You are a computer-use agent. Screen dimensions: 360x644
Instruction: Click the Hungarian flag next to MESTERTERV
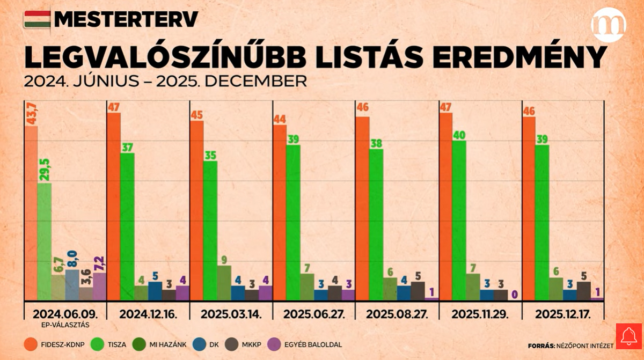click(x=37, y=19)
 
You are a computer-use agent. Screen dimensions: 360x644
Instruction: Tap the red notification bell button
click(x=628, y=336)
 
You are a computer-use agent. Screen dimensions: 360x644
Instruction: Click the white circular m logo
click(x=609, y=25)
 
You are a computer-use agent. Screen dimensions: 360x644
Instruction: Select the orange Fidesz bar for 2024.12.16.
click(x=114, y=207)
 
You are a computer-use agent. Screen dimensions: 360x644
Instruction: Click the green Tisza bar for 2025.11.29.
click(x=459, y=220)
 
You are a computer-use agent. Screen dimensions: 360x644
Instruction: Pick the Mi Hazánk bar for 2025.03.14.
click(x=224, y=283)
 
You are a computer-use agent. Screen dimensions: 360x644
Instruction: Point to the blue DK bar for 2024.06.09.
click(x=72, y=285)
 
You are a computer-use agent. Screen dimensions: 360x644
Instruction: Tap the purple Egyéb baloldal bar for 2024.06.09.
click(x=99, y=286)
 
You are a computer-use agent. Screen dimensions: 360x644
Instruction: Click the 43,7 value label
click(x=31, y=113)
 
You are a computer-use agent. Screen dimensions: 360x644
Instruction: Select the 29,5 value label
click(x=45, y=170)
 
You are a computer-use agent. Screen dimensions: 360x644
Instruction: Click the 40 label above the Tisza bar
click(x=459, y=135)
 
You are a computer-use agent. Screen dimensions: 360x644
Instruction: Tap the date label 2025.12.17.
click(x=563, y=314)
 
